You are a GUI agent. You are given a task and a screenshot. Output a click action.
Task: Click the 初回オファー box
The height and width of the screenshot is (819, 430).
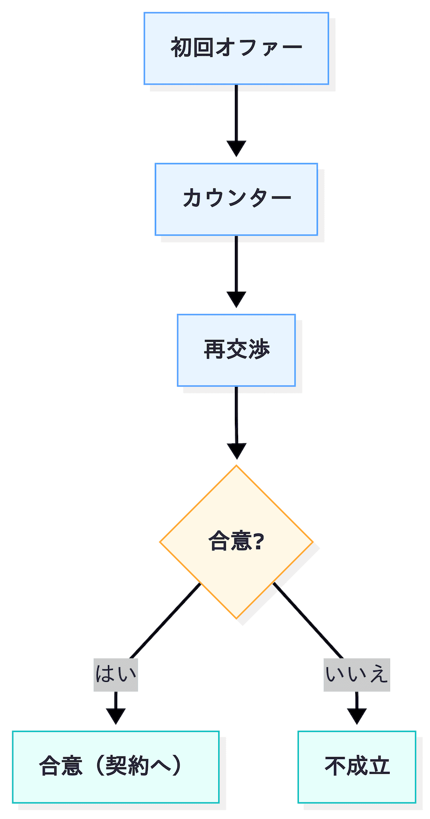[236, 48]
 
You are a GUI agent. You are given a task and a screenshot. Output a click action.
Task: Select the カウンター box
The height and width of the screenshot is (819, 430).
[236, 199]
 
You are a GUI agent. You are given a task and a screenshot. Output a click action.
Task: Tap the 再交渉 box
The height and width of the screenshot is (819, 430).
[236, 350]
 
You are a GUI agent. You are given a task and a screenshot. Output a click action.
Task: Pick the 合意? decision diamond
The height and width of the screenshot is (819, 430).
[236, 542]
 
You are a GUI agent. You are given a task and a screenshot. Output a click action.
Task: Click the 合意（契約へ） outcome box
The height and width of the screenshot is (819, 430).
[116, 767]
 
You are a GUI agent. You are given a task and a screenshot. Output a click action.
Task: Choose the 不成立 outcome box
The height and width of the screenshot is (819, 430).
[357, 767]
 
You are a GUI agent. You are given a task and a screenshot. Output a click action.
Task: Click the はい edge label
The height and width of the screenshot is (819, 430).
[116, 674]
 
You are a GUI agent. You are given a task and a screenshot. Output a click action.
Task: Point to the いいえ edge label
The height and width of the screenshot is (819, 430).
[356, 674]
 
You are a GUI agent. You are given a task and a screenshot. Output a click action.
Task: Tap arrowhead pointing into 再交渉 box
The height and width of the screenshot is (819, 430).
[236, 299]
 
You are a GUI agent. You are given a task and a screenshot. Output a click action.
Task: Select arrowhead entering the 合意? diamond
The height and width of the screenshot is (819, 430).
[236, 451]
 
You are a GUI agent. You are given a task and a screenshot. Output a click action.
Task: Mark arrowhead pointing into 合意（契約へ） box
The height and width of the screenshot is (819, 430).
[116, 716]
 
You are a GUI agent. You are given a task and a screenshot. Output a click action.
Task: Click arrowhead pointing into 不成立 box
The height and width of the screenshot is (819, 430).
[357, 716]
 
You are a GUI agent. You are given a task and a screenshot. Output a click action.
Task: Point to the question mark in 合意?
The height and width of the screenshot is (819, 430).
[256, 542]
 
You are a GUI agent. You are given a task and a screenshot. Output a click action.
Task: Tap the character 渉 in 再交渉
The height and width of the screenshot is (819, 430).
[259, 350]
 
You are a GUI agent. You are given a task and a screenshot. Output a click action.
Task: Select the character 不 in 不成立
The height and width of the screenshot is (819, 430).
[335, 767]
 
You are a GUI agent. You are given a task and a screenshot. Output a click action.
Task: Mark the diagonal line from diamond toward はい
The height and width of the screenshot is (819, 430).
[166, 620]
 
